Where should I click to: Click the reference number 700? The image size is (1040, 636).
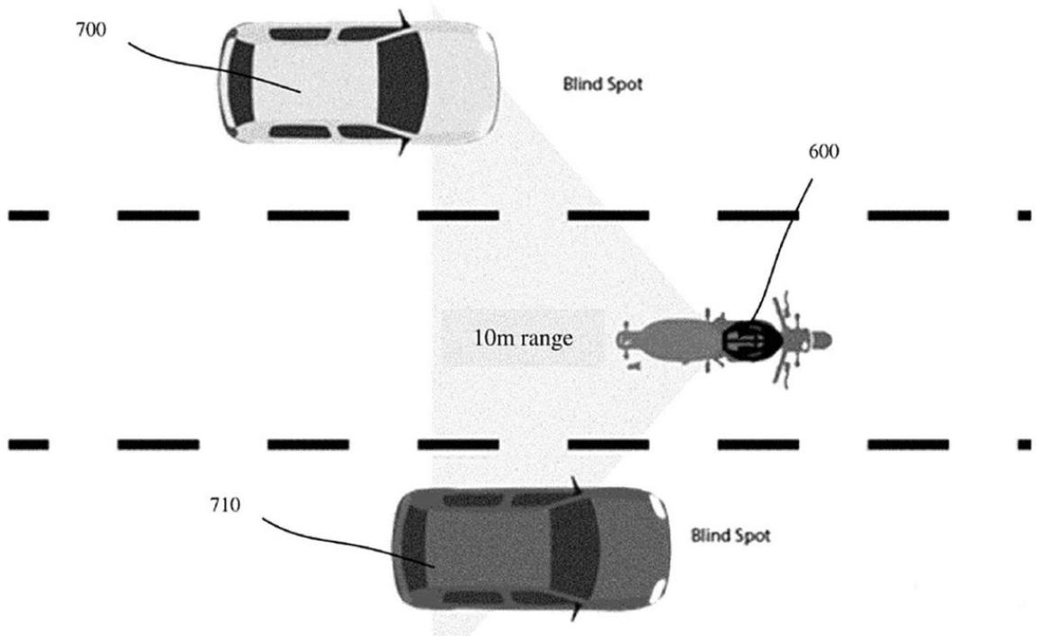[x=91, y=30]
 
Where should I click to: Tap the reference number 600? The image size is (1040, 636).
[x=823, y=152]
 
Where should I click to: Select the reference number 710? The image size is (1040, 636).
[x=225, y=506]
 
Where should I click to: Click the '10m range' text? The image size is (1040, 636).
[x=524, y=338]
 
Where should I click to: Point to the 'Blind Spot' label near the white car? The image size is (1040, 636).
[x=602, y=85]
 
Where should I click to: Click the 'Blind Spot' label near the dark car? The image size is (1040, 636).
[x=731, y=535]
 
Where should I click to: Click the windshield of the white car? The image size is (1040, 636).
[x=401, y=82]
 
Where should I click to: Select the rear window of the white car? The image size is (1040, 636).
[x=241, y=83]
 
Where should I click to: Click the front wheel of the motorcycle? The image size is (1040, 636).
[x=819, y=340]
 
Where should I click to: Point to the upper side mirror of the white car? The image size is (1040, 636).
[x=403, y=19]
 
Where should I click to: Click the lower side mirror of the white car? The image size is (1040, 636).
[x=403, y=146]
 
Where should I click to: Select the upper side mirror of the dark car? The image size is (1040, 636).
[x=576, y=486]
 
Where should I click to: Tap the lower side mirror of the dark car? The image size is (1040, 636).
[x=576, y=612]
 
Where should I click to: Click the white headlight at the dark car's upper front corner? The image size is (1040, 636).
[x=659, y=506]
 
